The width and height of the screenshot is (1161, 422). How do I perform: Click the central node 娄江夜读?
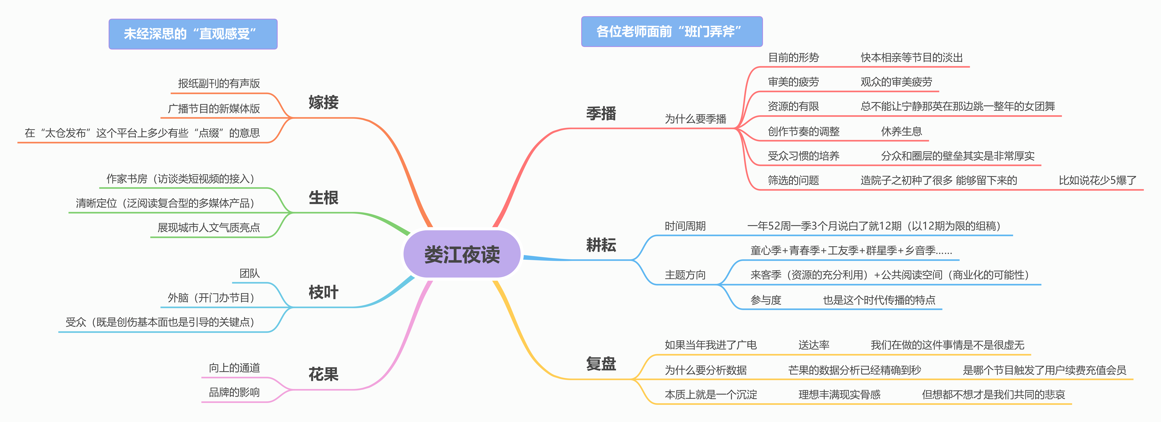point(462,255)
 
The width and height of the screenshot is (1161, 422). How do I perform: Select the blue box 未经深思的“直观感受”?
point(193,34)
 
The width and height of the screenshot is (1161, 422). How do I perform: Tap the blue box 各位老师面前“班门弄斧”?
point(672,32)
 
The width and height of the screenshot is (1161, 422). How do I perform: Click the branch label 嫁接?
point(323,102)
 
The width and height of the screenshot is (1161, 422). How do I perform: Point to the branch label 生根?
point(323,198)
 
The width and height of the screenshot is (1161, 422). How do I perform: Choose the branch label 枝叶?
point(323,292)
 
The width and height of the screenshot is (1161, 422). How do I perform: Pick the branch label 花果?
point(323,374)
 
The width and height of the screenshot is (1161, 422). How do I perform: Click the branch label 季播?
point(601,113)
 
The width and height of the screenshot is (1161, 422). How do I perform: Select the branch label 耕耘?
point(601,245)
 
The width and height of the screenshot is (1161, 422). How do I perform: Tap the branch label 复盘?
point(601,364)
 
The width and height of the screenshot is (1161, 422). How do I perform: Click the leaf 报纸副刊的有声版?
point(219,83)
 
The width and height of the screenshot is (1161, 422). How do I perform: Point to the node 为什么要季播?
point(695,119)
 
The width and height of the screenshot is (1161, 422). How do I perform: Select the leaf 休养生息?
point(901,131)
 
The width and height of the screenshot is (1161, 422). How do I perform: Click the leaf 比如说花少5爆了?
point(1097,180)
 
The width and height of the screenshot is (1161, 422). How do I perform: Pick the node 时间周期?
point(685,226)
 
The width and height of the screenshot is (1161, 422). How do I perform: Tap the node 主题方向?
point(685,275)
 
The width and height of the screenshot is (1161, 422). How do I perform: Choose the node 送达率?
point(813,345)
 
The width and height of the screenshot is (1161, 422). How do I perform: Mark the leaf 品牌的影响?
point(234,392)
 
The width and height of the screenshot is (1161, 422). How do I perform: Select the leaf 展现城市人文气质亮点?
point(209,228)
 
